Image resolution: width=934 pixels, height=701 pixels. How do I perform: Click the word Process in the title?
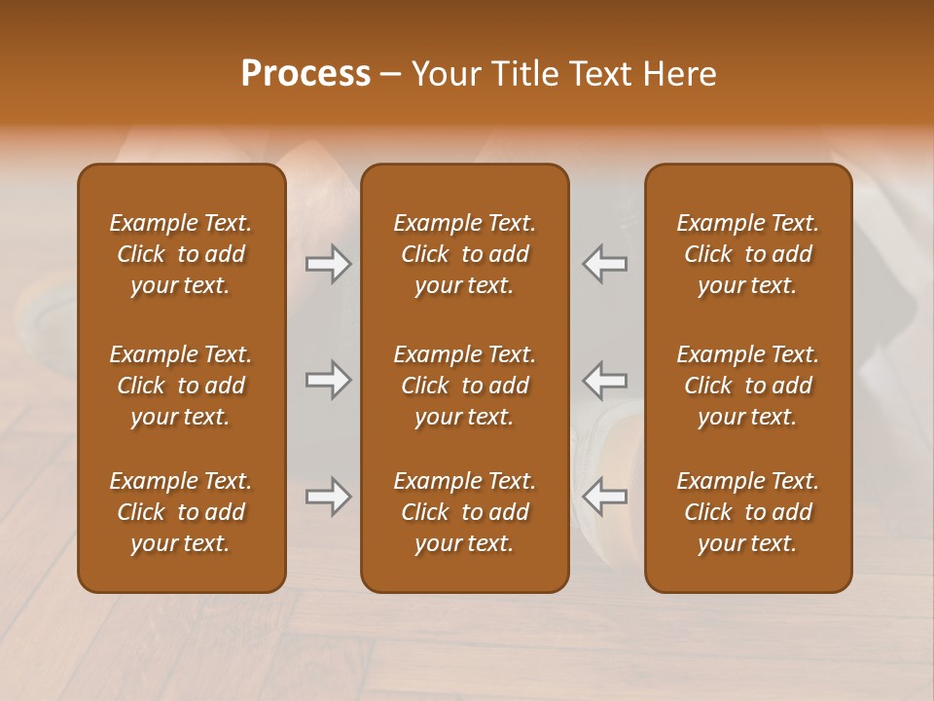click(305, 74)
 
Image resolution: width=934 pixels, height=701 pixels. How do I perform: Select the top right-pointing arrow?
click(329, 264)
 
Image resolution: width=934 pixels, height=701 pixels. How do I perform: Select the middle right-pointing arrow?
click(329, 380)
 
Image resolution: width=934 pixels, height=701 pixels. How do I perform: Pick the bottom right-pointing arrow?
click(329, 497)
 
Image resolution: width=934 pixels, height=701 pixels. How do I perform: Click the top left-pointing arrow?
click(604, 264)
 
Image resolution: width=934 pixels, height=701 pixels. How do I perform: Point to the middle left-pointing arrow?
click(604, 380)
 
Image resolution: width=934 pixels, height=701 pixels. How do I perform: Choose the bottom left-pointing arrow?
click(604, 497)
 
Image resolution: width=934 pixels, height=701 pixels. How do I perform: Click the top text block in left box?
click(181, 254)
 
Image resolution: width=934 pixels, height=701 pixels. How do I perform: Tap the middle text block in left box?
click(181, 386)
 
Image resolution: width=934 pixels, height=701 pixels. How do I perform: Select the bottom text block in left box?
click(181, 512)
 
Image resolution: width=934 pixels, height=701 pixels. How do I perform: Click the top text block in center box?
click(464, 254)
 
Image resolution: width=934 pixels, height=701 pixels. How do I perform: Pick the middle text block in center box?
click(464, 386)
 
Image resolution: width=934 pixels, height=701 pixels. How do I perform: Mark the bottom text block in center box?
click(464, 512)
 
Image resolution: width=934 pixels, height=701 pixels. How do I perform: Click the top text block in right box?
click(747, 254)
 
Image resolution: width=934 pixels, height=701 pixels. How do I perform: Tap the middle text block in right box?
click(747, 386)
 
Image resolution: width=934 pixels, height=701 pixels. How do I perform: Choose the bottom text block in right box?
click(747, 512)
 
